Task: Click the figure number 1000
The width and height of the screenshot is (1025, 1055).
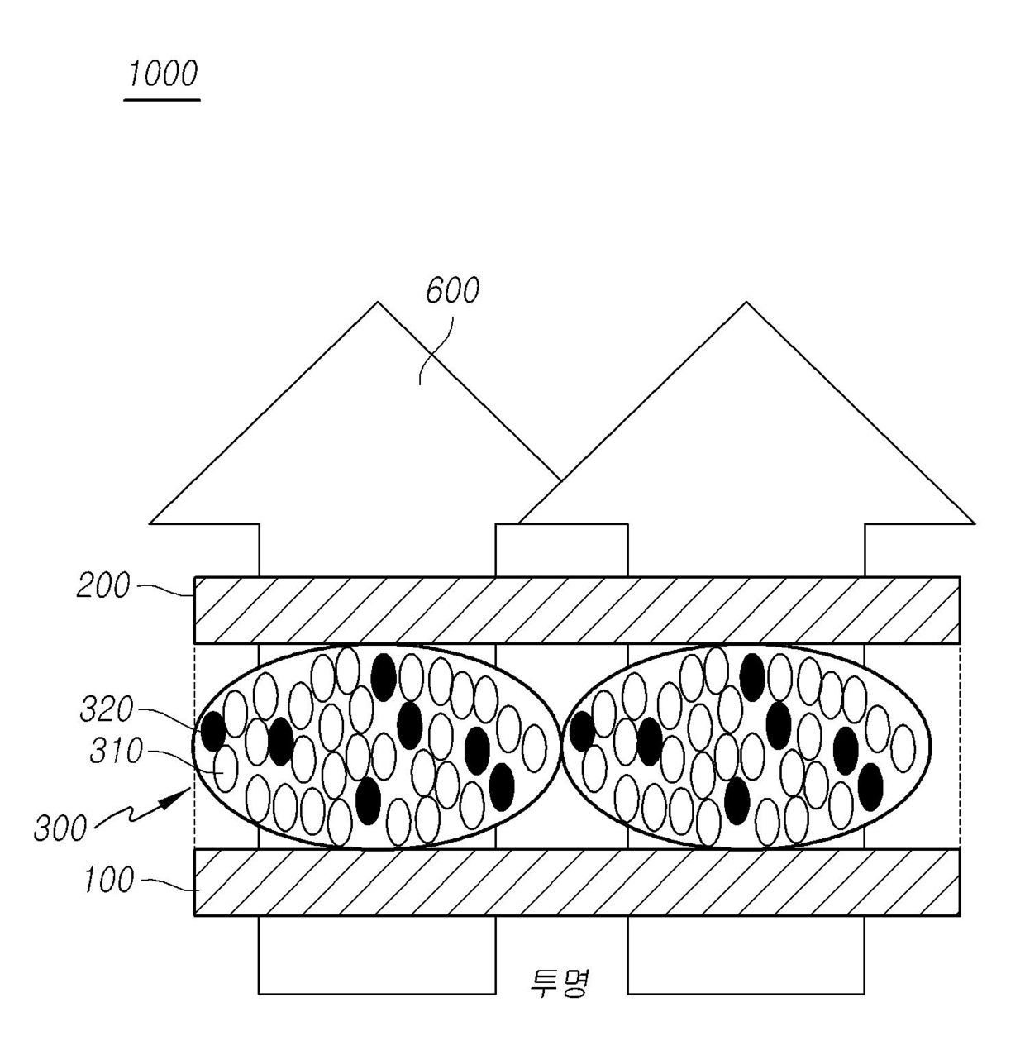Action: pos(163,74)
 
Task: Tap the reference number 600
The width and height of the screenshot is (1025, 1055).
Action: pos(452,291)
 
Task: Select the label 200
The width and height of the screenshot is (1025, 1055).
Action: pos(103,586)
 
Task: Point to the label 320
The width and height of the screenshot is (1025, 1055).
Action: pos(107,709)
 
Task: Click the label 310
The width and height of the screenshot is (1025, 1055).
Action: pos(117,752)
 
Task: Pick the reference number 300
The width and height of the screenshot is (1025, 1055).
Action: pos(60,828)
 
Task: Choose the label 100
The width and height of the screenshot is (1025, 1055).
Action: pos(108,881)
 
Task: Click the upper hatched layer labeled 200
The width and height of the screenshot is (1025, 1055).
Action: pos(576,610)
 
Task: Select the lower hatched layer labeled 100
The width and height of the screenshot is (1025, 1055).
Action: pos(576,882)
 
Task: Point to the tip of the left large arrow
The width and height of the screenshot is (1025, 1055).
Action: pos(378,303)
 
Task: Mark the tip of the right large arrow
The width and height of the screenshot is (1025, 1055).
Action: pos(746,303)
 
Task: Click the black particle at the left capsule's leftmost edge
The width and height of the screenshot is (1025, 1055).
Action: pos(213,731)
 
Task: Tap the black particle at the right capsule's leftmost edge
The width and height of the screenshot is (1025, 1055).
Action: pos(582,731)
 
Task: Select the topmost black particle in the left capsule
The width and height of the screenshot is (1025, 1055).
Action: pos(383,676)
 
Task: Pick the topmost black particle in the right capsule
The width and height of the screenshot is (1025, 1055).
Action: pos(751,676)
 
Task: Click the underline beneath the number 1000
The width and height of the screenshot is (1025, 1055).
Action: pos(162,100)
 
